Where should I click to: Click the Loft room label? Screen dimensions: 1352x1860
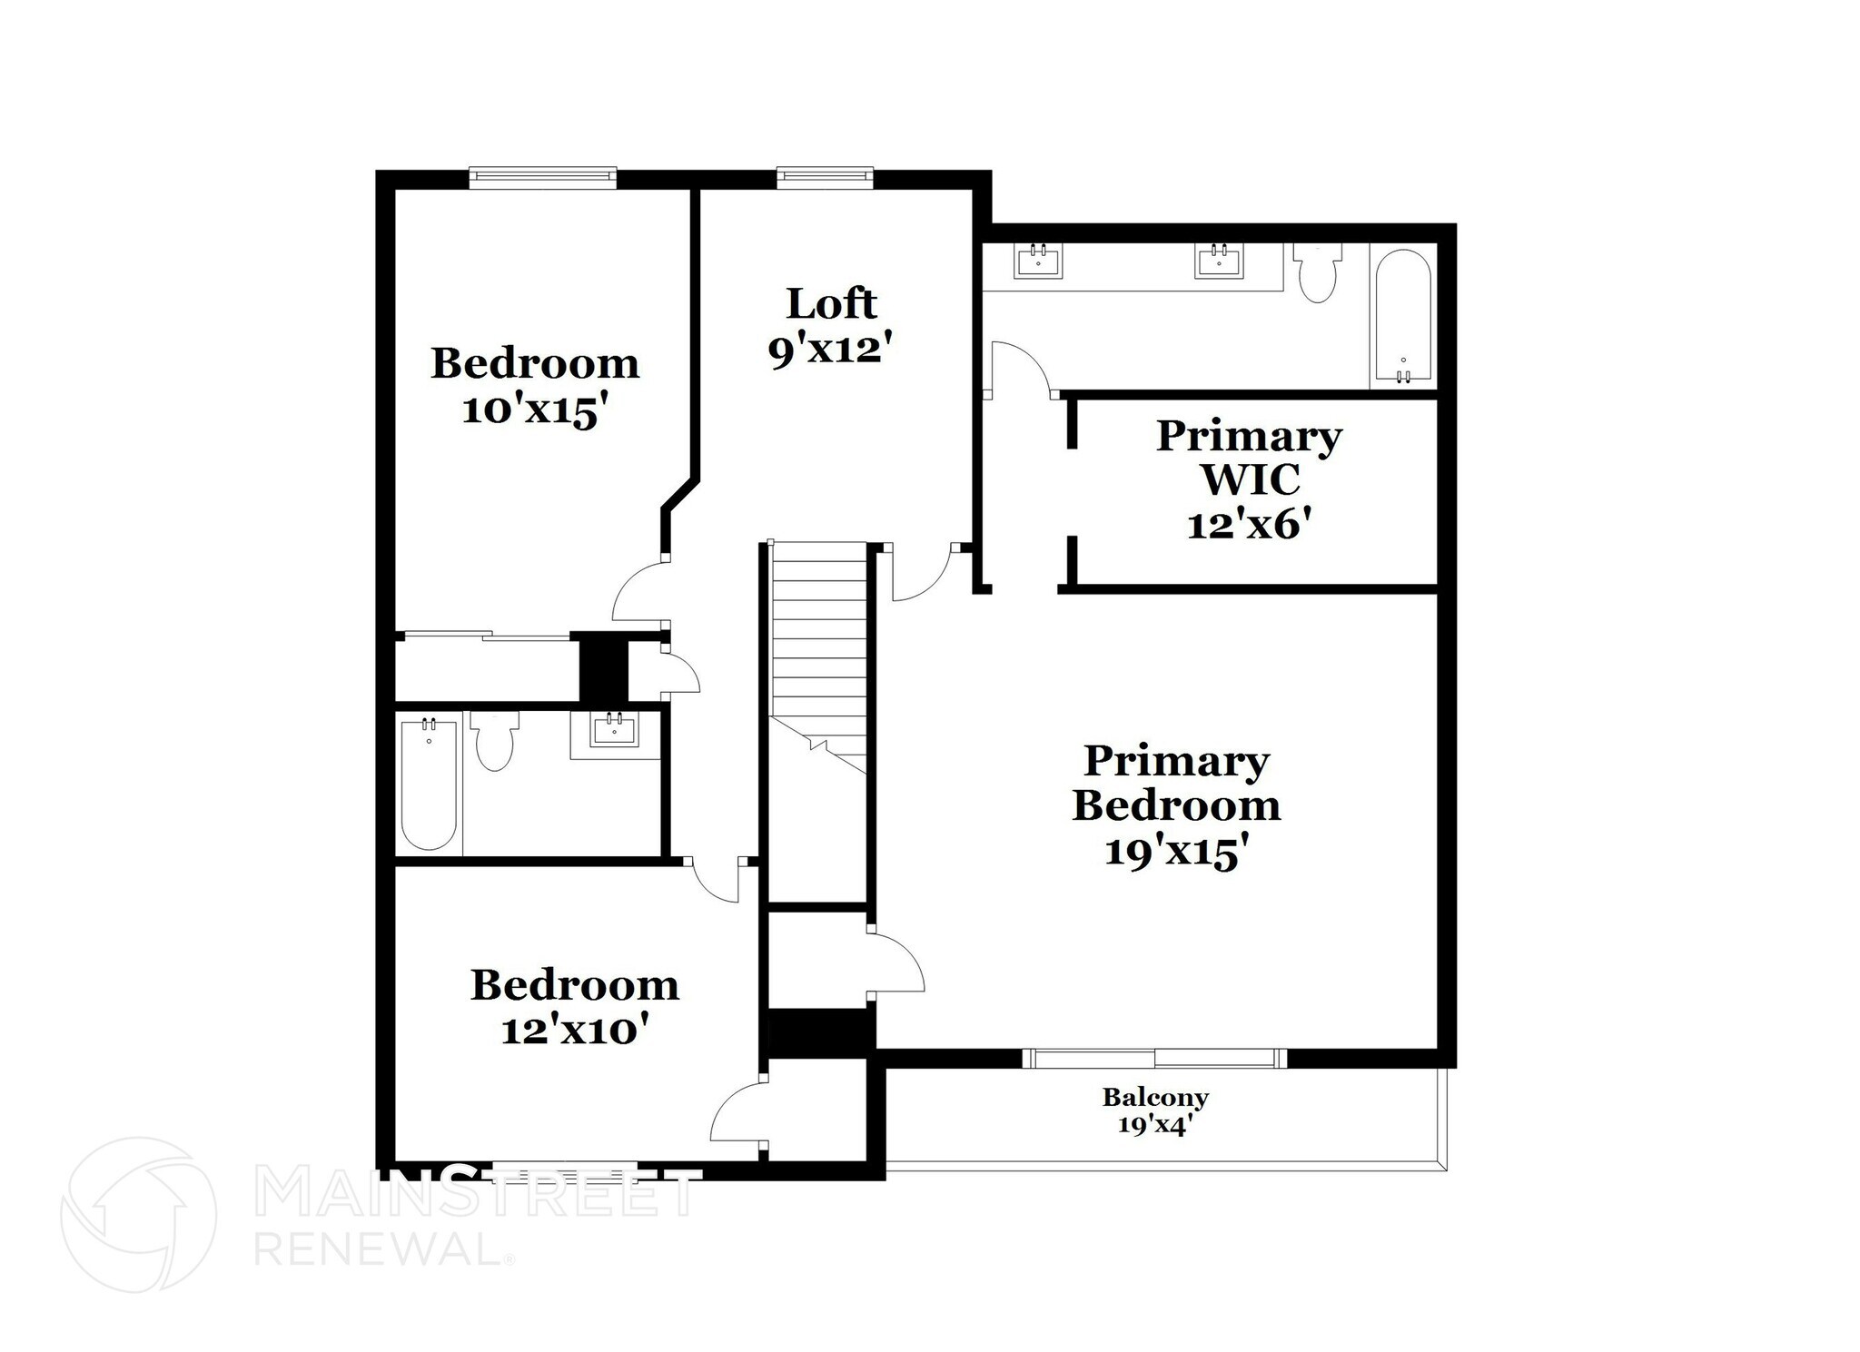click(x=831, y=303)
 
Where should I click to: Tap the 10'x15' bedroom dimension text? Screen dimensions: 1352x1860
click(x=534, y=410)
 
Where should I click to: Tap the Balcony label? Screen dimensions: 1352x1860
click(x=1155, y=1098)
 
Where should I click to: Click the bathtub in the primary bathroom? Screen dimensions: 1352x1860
click(x=1403, y=318)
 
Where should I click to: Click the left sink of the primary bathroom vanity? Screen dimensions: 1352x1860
click(x=1038, y=262)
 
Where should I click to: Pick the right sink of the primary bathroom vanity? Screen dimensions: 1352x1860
click(x=1217, y=262)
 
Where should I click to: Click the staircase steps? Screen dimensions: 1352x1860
click(x=818, y=636)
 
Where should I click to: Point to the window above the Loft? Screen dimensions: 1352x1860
click(x=825, y=178)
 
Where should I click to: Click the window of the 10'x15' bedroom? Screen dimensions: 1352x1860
click(x=543, y=178)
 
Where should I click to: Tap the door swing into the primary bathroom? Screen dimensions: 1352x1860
click(x=1022, y=368)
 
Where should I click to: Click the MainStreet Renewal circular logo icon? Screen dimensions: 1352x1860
click(x=138, y=1214)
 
